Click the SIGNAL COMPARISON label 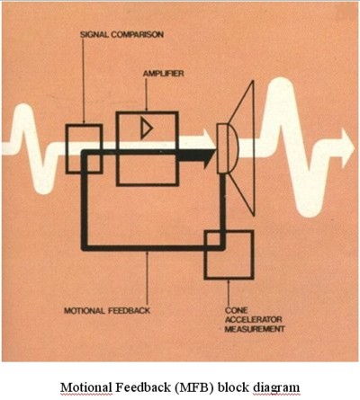[121, 34]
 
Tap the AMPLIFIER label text [163, 74]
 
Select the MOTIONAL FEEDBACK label [107, 310]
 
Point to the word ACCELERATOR [253, 319]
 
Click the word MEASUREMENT [255, 329]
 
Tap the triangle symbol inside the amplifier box [147, 129]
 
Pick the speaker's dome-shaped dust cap [233, 148]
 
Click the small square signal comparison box [85, 149]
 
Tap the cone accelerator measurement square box [229, 254]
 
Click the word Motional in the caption [86, 387]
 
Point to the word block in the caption [234, 387]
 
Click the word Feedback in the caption [144, 387]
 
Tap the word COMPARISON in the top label [138, 34]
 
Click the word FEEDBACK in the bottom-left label [129, 310]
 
